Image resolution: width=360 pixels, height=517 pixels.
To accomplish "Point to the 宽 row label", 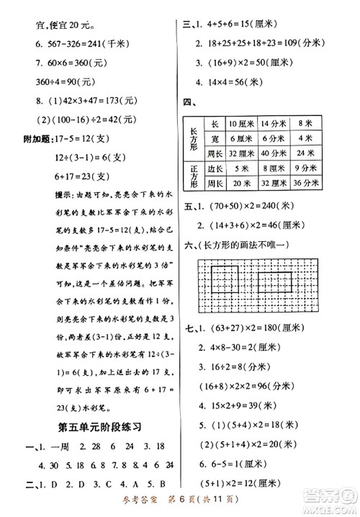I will (x=214, y=138).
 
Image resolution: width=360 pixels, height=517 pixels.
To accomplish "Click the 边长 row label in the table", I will (x=214, y=168).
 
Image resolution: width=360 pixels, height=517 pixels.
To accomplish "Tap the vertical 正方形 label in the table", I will (x=194, y=175).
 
